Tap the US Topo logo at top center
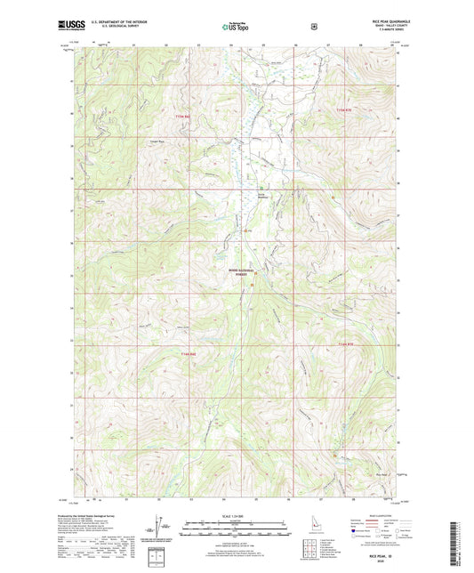click(236, 28)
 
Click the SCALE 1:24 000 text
click(237, 515)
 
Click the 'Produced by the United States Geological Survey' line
click(107, 514)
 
